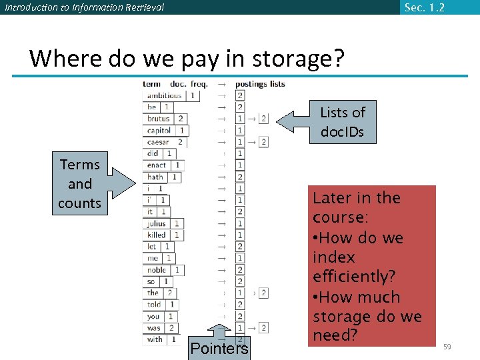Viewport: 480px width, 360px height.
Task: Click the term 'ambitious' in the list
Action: (164, 95)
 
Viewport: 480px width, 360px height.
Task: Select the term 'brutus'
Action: (159, 119)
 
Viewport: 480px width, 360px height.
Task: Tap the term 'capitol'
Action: (159, 131)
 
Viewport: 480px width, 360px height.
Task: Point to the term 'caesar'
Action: (158, 142)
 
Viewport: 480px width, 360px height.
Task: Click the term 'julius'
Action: (157, 223)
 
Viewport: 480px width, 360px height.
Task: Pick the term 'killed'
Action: (157, 235)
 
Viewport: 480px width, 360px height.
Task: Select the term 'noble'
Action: (157, 270)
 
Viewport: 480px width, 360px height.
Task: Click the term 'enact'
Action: (157, 165)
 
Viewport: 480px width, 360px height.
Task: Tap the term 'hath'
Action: (155, 177)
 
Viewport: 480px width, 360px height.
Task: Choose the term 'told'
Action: (154, 305)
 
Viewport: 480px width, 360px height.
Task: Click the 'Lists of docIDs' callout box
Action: (342, 121)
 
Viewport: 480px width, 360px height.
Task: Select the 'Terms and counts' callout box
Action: (80, 183)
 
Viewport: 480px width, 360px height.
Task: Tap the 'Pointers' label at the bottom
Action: (219, 348)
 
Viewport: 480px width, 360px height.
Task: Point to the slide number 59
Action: (447, 346)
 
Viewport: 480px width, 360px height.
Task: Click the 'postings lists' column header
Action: (260, 84)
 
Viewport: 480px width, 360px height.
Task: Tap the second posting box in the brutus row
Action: (263, 119)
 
